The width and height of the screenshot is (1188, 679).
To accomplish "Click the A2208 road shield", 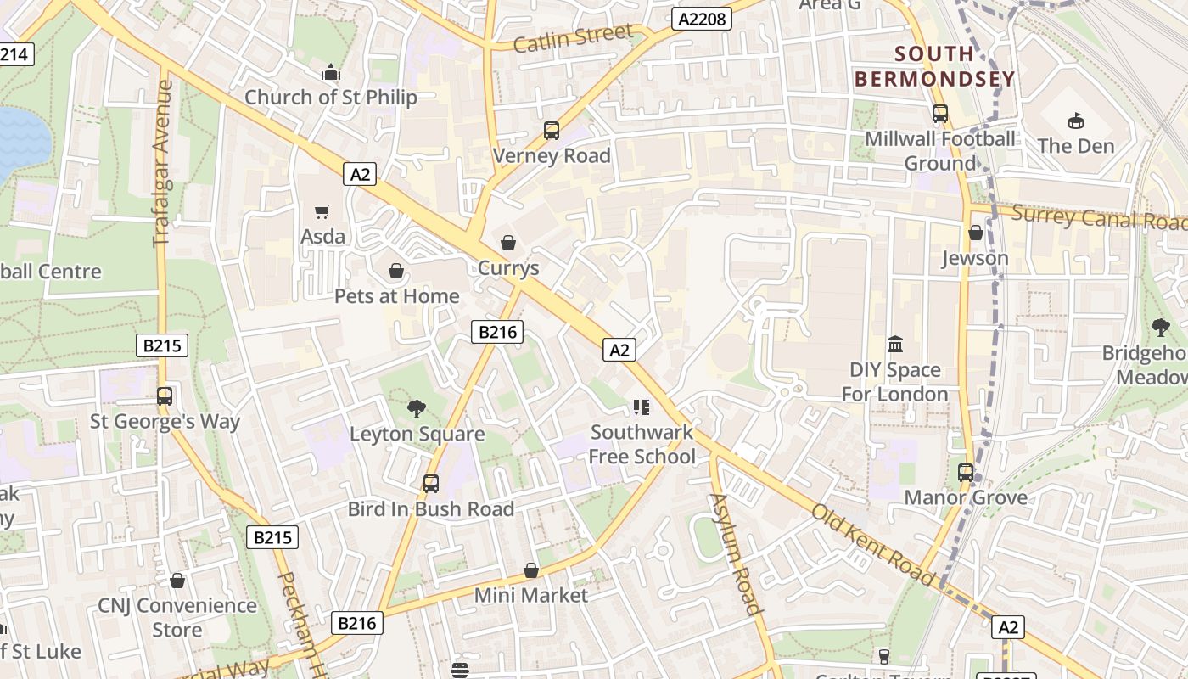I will point(702,19).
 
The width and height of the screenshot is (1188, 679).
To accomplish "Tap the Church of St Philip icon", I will point(331,73).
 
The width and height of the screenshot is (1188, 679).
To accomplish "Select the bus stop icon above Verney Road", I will point(552,131).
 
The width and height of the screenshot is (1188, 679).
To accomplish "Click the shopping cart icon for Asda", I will point(322,211).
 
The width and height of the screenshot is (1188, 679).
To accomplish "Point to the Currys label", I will point(508,268).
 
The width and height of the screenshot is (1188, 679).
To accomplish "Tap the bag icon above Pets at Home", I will point(395,271).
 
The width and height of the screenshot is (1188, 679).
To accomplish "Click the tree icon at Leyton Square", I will point(417,409).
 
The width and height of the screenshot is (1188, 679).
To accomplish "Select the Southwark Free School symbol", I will point(642,407).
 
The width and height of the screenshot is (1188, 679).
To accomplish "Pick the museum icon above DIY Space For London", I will point(895,345).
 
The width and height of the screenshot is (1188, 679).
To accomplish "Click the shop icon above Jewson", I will point(976,233).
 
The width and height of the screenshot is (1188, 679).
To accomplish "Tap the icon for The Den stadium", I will point(1076,121).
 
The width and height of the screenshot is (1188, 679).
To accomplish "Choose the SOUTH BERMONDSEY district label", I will point(934,67).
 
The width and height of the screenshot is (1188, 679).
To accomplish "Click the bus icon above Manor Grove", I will point(966,473).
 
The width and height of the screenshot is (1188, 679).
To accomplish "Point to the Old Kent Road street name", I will point(873,543).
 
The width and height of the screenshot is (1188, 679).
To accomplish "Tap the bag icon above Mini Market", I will point(531,570).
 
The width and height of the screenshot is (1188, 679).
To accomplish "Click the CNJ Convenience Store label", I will point(177,617).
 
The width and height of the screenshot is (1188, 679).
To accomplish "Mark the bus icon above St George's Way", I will point(165,396).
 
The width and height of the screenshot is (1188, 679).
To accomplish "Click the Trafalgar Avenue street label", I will point(163,164).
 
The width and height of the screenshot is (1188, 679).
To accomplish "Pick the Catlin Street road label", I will point(574,38).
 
